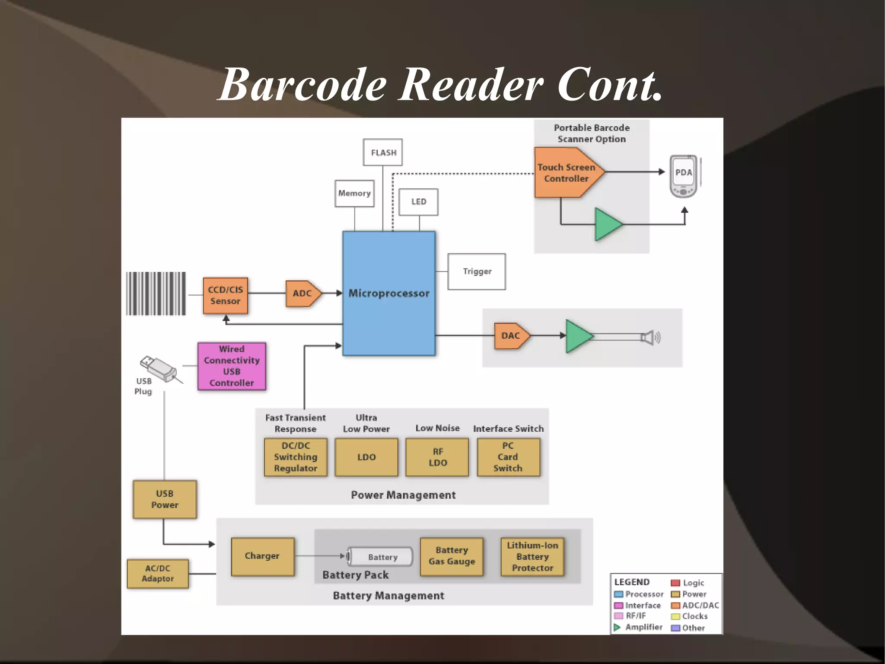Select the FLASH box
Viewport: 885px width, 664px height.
coord(383,152)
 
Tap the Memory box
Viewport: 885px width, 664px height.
coord(354,193)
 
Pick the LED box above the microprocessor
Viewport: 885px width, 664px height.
coord(418,202)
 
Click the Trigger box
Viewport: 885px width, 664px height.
coord(477,271)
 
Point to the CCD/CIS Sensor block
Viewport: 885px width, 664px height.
coord(225,295)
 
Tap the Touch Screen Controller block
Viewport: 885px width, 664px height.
coord(567,173)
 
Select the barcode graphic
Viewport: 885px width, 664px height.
coord(156,293)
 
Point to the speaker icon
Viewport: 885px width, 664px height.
coord(650,337)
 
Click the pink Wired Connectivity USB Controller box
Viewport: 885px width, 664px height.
coord(232,366)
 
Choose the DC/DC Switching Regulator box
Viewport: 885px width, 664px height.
coord(296,457)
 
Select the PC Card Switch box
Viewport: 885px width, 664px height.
coord(508,457)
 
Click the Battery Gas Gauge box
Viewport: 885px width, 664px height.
coord(452,556)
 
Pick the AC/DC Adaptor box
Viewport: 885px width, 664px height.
coord(158,574)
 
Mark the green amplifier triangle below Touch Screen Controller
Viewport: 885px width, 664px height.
coord(607,224)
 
